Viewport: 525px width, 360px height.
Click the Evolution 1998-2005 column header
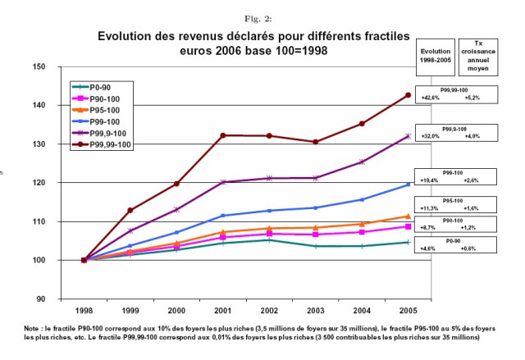coord(432,51)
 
